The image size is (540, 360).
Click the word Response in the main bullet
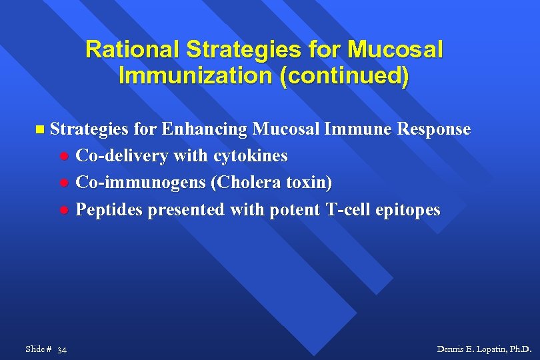433,129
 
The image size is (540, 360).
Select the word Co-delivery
122,156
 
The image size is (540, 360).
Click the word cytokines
251,156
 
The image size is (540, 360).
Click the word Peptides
109,210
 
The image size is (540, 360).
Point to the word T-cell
349,210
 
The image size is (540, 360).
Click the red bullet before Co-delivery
64,157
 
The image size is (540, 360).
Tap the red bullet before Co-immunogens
64,183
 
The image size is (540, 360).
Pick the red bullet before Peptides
64,211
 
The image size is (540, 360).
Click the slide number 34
61,350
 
